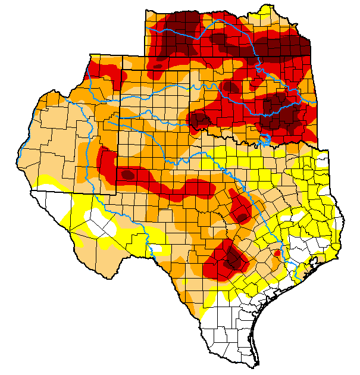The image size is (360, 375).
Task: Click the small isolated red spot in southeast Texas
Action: tap(277, 254)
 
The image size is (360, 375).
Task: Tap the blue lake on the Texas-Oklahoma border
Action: tap(264, 141)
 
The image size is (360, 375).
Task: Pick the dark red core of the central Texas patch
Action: tap(242, 217)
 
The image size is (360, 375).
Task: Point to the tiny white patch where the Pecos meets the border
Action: tap(156, 249)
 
